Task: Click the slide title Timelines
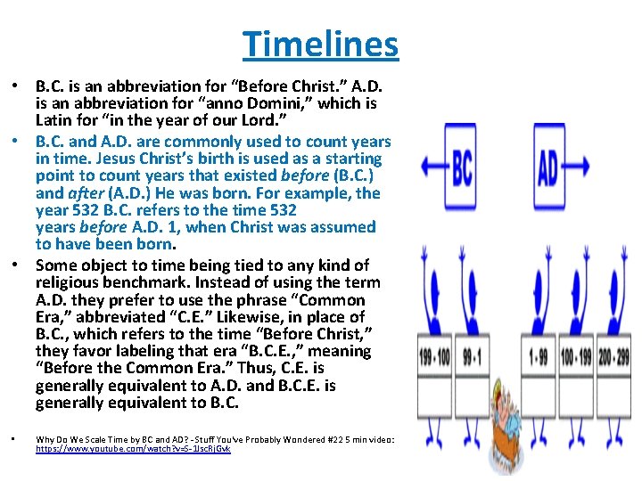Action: (x=320, y=43)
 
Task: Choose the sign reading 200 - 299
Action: (x=614, y=357)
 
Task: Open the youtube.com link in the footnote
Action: (x=133, y=451)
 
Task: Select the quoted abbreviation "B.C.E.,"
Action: (x=248, y=352)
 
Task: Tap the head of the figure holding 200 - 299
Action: (x=615, y=303)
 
